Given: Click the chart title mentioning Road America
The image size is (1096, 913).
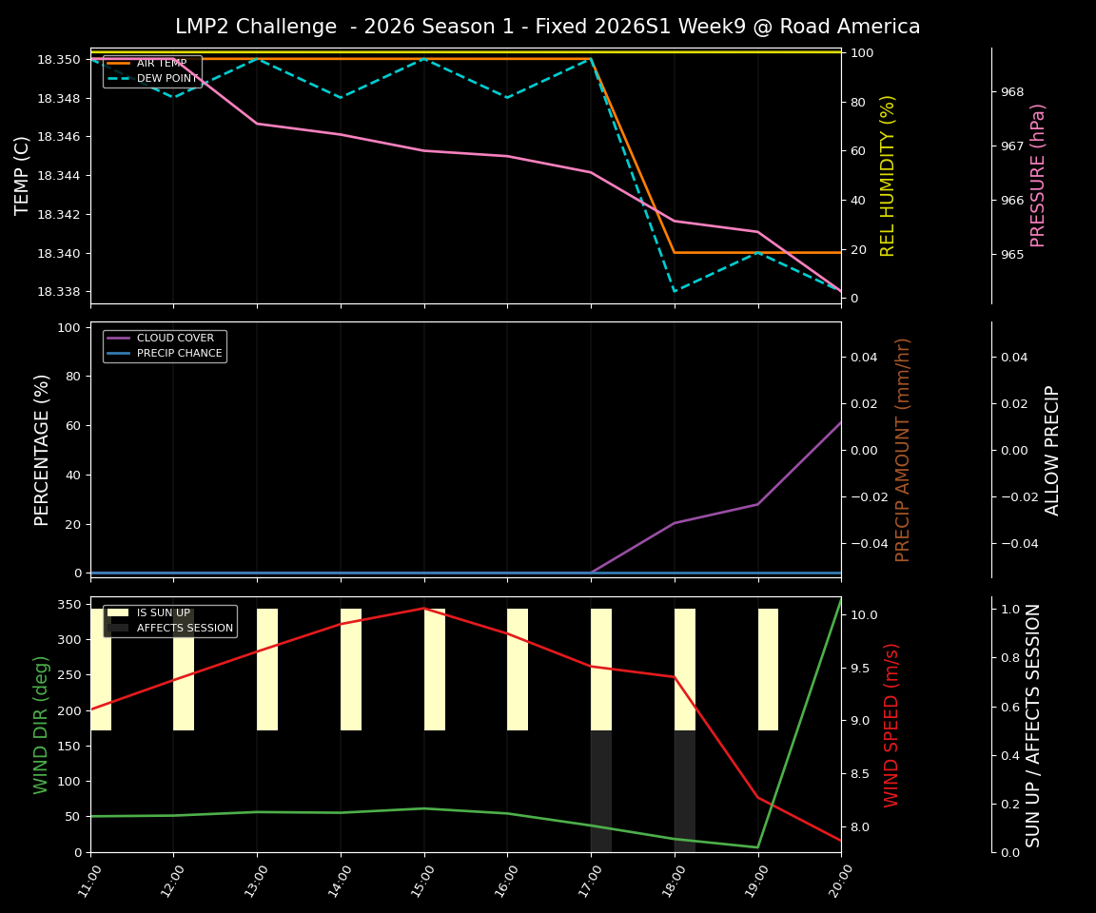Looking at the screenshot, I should [x=547, y=27].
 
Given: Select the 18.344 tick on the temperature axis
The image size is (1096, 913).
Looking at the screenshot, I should [x=59, y=176].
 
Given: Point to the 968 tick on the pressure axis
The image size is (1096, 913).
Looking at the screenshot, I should [x=1012, y=92].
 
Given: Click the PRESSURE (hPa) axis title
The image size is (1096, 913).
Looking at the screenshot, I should [x=1038, y=175].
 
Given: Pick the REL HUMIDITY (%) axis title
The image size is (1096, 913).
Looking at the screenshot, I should [x=888, y=175].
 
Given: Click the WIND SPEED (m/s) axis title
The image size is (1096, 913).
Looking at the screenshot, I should [x=891, y=725].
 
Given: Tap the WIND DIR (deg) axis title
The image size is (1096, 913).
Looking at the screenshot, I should [x=41, y=725].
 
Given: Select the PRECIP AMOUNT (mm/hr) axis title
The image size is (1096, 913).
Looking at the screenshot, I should [x=903, y=449].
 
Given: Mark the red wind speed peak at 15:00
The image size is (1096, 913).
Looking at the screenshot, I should [x=423, y=608].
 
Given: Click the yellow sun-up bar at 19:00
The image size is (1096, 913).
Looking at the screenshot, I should [x=768, y=670].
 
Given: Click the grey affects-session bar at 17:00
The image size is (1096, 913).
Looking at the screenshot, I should [x=601, y=791].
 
